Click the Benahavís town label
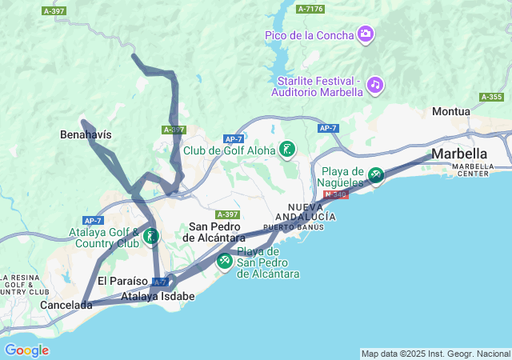[86, 134]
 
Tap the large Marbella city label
[459, 154]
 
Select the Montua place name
[452, 111]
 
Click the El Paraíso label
[122, 281]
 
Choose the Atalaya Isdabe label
[158, 296]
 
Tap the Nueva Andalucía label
[306, 212]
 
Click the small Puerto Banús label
[293, 227]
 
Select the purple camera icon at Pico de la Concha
[366, 34]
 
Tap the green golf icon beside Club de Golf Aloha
[287, 149]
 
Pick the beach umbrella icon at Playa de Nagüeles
[376, 174]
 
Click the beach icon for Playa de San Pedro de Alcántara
[225, 260]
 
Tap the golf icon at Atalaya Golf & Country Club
[151, 236]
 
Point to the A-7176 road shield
[310, 9]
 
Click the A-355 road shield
[491, 97]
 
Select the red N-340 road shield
[335, 194]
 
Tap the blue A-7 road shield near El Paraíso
[160, 282]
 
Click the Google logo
[26, 350]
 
